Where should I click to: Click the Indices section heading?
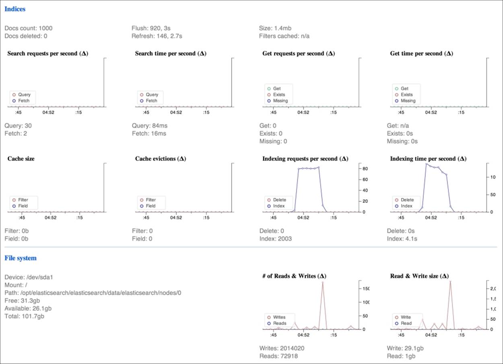coord(15,9)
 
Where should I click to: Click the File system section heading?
coord(21,258)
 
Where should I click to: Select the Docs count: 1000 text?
coord(28,28)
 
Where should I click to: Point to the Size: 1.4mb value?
coord(275,28)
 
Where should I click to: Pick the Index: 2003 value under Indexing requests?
coord(276,239)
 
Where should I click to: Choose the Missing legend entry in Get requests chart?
coord(280,101)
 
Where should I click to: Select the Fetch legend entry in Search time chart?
coord(151,101)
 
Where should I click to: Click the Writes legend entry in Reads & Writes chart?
coord(279,317)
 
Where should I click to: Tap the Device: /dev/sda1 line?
coord(29,277)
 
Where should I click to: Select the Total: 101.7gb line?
coord(25,316)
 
